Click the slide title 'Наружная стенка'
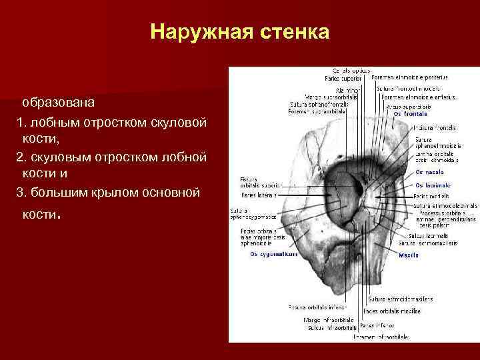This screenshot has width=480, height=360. point(239,32)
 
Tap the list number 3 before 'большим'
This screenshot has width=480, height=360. point(20,193)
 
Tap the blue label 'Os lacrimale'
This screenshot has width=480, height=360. point(433,185)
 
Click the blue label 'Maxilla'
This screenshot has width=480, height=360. point(409,255)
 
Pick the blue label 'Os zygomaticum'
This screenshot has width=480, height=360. point(274,254)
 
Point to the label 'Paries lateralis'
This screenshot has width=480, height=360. point(259,195)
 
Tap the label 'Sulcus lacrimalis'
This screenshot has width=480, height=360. point(427,235)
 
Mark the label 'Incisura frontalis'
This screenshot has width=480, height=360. point(434,127)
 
